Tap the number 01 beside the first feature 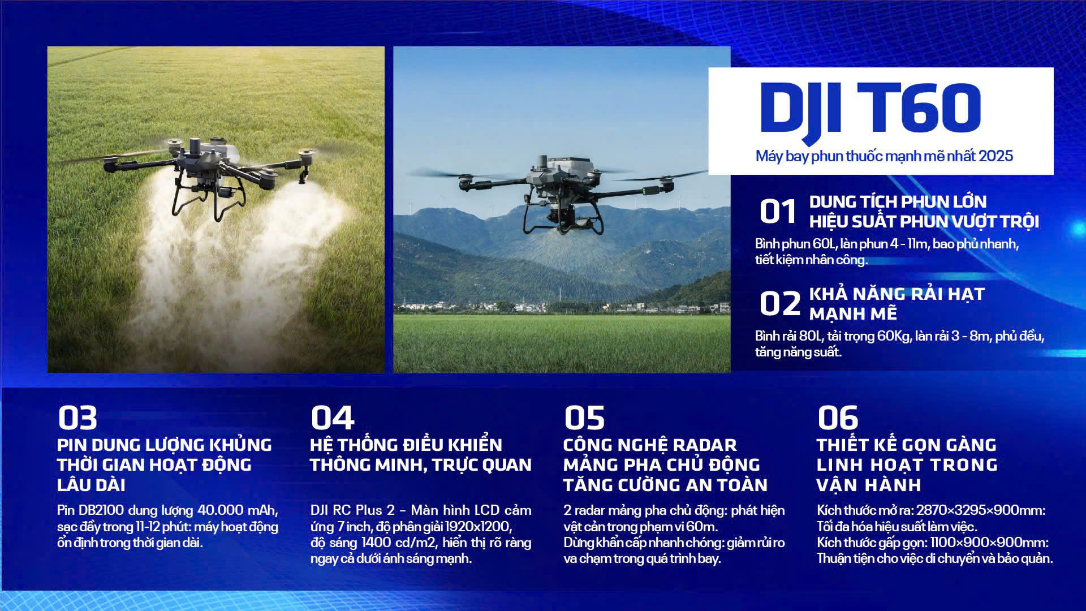pyautogui.click(x=778, y=212)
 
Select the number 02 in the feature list pyautogui.click(x=780, y=304)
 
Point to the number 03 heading pyautogui.click(x=77, y=418)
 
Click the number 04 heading pyautogui.click(x=333, y=418)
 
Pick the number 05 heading pyautogui.click(x=584, y=418)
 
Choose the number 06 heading pyautogui.click(x=838, y=418)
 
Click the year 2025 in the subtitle pyautogui.click(x=996, y=156)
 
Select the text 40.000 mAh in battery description pyautogui.click(x=237, y=510)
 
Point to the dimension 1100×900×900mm pyautogui.click(x=988, y=543)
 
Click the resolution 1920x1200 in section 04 pyautogui.click(x=479, y=527)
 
